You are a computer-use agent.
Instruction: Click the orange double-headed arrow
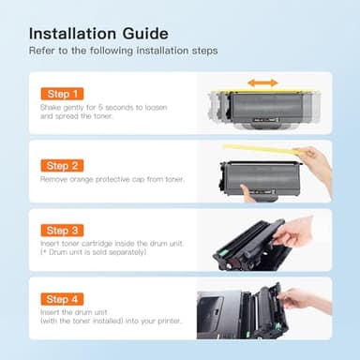coord(263,82)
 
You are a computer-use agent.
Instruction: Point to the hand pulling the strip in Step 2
coord(320,165)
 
